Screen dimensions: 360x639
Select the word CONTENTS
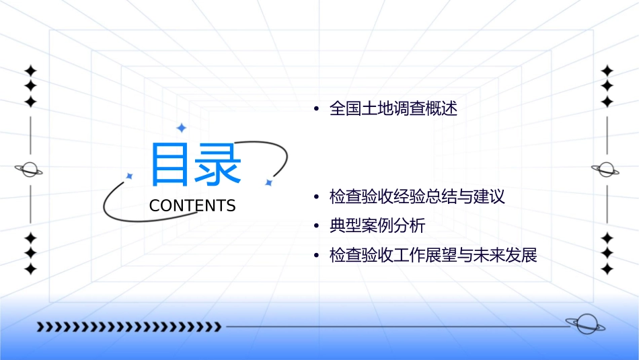pos(192,206)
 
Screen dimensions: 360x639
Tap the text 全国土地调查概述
pos(393,109)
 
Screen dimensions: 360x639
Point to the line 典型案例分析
pos(377,226)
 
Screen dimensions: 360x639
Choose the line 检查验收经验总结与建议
pos(417,197)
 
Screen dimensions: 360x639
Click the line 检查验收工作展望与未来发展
pos(433,256)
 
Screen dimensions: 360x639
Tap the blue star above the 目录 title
pos(180,128)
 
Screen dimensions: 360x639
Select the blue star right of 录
pos(268,182)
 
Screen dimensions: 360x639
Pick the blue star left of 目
pos(129,176)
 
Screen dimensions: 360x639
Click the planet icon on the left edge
pos(29,170)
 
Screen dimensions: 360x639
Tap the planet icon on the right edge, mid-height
pos(606,170)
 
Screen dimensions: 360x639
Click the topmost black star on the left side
pos(30,71)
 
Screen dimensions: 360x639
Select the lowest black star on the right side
pos(607,268)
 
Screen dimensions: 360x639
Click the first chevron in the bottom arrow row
pos(40,327)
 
